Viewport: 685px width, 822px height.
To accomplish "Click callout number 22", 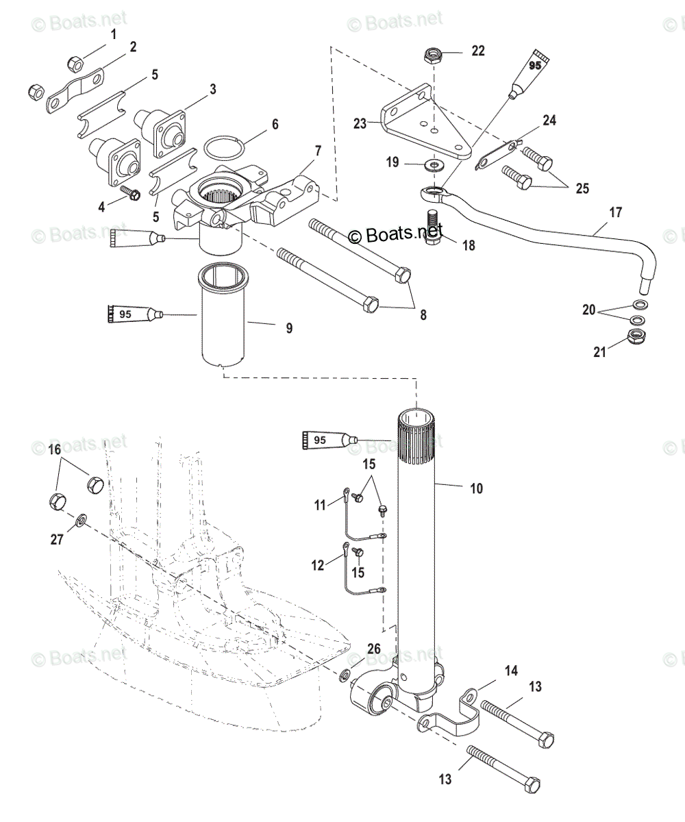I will point(477,51).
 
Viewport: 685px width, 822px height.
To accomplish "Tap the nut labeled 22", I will point(432,55).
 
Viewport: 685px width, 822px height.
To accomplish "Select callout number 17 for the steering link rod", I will point(615,212).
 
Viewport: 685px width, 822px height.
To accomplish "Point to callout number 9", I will point(289,328).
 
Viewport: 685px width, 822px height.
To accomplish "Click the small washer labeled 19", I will point(433,164).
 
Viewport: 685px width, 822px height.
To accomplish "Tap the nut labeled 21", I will point(638,337).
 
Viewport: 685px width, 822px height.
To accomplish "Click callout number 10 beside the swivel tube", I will point(476,488).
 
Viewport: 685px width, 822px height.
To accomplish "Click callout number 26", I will point(373,649).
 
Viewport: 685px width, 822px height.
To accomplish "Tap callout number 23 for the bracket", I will point(360,124).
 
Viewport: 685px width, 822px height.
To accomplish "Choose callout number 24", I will point(549,121).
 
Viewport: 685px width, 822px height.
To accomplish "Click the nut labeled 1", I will point(75,65).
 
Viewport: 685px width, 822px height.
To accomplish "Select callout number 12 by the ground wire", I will point(318,565).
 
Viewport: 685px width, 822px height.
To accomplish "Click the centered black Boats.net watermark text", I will point(395,236).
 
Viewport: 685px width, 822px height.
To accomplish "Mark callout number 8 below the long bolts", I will point(423,315).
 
